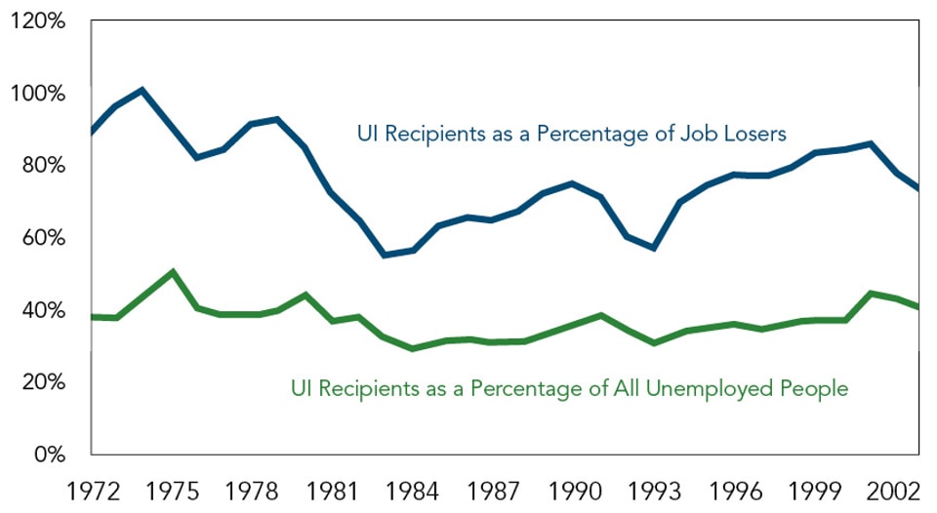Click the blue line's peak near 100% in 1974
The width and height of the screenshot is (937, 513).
pos(143,91)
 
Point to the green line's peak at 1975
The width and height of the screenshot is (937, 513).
pos(173,272)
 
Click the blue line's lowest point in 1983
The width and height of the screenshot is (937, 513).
pos(385,255)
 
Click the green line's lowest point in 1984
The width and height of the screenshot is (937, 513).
pos(413,348)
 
